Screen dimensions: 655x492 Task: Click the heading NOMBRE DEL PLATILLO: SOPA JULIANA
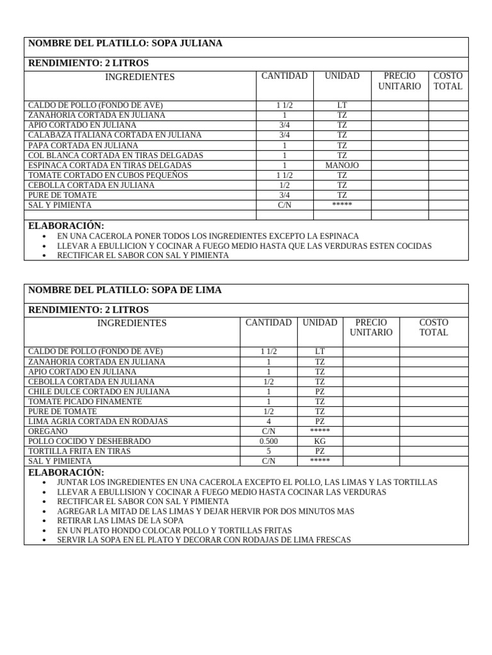(126, 43)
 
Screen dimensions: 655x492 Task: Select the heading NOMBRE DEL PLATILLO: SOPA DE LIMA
(125, 290)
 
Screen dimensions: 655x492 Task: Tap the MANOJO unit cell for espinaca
(342, 165)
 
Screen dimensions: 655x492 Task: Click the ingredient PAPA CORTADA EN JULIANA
(83, 145)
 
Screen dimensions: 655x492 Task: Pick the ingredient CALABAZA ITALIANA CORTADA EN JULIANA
(115, 135)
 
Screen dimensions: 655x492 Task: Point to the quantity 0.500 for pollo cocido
(269, 441)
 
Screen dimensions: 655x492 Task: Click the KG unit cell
(320, 441)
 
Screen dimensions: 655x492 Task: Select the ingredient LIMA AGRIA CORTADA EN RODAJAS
(98, 422)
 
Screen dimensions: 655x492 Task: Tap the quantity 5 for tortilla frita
(269, 451)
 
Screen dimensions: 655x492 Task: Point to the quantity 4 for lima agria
(269, 422)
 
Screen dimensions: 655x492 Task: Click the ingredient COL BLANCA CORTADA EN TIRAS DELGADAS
(116, 155)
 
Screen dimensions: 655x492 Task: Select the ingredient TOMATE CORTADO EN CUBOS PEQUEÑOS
(108, 175)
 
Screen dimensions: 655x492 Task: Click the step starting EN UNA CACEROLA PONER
(208, 236)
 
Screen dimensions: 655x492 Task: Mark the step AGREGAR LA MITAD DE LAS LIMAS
(205, 511)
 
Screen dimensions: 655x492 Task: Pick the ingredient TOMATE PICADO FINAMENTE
(85, 402)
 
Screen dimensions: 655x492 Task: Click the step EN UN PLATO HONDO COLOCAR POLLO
(174, 530)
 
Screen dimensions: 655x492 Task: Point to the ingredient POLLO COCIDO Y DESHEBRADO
(90, 441)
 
